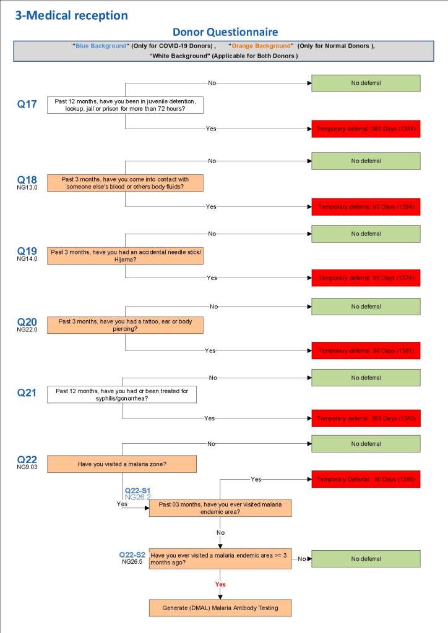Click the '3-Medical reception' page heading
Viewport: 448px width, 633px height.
point(72,15)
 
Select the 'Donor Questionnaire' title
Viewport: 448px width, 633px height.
point(225,32)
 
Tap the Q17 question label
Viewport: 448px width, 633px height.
point(27,104)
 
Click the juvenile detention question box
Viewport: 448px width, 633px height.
point(125,104)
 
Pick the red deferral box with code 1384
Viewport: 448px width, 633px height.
point(365,129)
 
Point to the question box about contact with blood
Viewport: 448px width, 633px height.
point(125,182)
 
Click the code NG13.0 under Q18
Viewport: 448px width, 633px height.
point(27,187)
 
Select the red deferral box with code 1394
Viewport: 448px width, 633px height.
point(365,206)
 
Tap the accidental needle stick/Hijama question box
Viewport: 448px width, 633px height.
point(125,256)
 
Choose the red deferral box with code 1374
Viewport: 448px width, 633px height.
point(365,278)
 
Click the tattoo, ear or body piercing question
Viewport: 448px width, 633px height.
point(125,325)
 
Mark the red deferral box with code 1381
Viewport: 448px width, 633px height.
point(365,350)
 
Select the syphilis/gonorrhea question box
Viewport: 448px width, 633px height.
point(122,394)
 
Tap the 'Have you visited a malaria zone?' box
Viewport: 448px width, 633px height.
point(122,464)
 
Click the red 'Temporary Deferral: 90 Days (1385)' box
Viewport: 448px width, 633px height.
point(365,479)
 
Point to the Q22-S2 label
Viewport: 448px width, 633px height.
point(132,554)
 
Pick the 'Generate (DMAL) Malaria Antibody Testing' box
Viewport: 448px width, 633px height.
point(220,608)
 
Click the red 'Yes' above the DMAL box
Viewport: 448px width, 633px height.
point(220,584)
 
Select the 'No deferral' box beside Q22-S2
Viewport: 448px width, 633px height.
point(365,559)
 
